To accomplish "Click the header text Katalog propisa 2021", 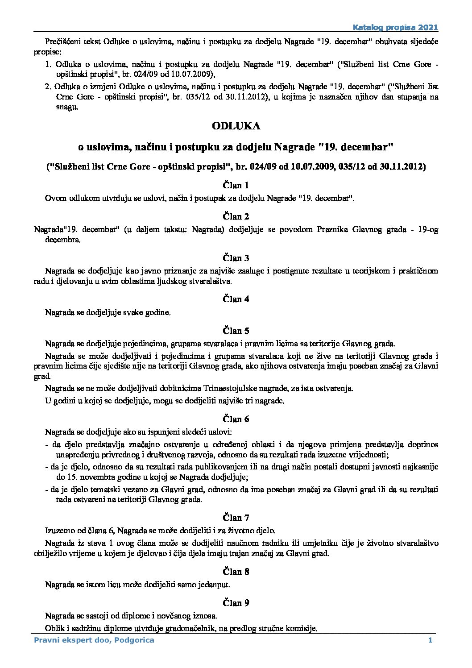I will (x=395, y=27).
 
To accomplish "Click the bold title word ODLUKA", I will (x=236, y=126).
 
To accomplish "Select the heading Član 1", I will (x=236, y=185).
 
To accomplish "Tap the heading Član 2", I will (x=236, y=216).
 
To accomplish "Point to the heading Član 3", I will (x=236, y=258).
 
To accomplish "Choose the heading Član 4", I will (x=236, y=299).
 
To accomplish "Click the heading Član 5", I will (x=236, y=331).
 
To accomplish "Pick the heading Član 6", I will (x=236, y=419).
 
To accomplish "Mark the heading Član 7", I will (x=236, y=518).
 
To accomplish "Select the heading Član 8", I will (x=236, y=572).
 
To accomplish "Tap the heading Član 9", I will (x=236, y=603).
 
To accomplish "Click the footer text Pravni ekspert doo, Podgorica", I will (x=94, y=640).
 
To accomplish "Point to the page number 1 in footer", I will (x=430, y=640).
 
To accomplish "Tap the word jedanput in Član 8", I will (x=216, y=584).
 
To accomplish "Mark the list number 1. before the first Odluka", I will (x=48, y=64).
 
